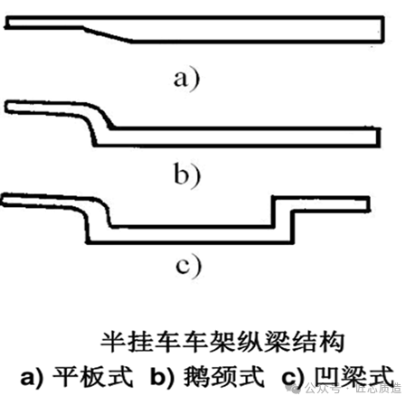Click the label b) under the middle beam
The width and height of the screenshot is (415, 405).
(x=186, y=173)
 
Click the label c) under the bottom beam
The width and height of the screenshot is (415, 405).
(x=186, y=268)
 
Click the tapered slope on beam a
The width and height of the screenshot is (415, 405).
(x=113, y=33)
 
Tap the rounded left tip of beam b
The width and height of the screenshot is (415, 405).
(x=11, y=109)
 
